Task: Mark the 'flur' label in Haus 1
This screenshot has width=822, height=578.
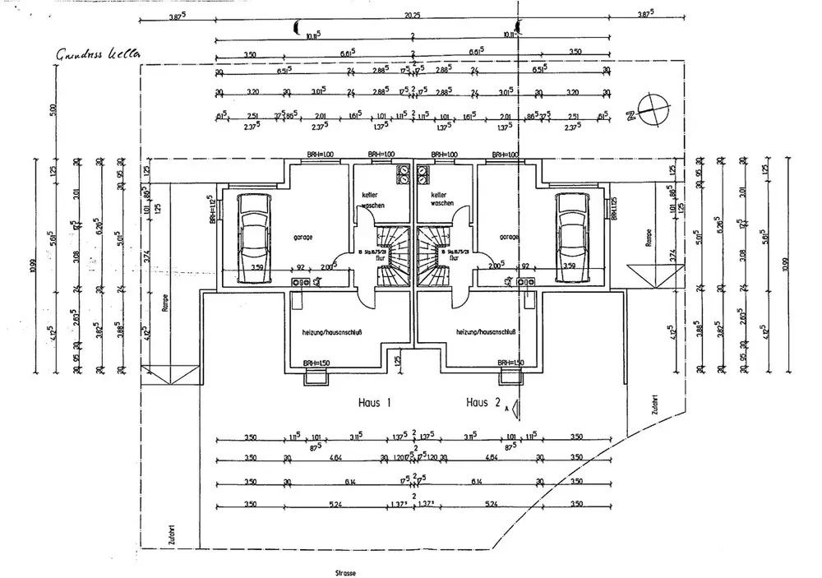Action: [x=381, y=257]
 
